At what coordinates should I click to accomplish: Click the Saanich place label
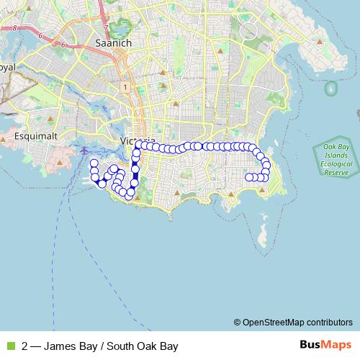tap(112, 43)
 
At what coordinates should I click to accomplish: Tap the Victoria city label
tap(137, 139)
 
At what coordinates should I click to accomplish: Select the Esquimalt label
tap(30, 135)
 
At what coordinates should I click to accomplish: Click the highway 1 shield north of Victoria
tap(125, 87)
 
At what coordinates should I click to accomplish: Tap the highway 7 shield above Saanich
tap(106, 28)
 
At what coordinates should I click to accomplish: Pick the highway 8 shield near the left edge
tap(14, 27)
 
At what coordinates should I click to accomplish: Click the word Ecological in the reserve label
tap(336, 164)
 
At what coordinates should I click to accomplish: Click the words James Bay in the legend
tap(67, 346)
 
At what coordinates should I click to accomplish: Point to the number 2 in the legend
tap(25, 346)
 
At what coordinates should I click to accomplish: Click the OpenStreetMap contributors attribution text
tap(293, 322)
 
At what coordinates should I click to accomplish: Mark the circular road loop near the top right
tap(248, 31)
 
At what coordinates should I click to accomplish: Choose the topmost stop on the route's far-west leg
tap(94, 163)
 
